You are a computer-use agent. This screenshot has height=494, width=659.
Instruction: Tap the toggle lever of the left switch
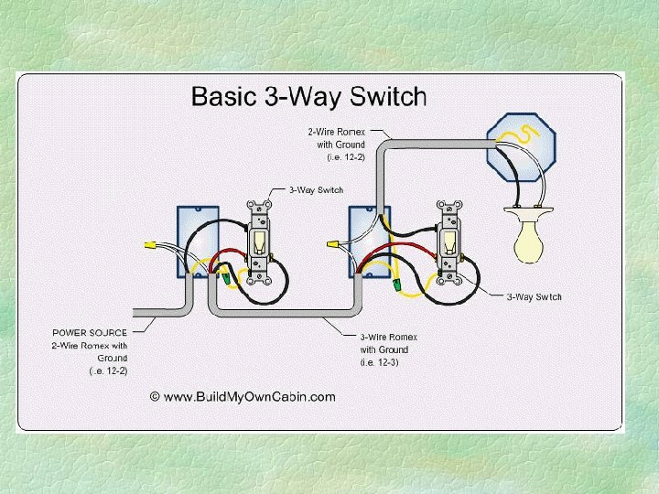(x=261, y=241)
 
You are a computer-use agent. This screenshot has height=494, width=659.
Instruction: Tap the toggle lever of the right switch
(x=450, y=242)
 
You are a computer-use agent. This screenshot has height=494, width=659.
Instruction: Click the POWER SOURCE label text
(x=90, y=333)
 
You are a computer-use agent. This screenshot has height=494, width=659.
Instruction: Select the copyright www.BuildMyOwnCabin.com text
(x=243, y=396)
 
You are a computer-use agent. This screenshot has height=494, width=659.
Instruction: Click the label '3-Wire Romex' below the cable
(x=384, y=338)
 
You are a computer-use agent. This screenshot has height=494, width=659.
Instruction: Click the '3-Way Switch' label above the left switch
(x=316, y=190)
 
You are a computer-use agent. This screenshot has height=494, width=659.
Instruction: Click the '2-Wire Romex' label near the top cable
(x=337, y=132)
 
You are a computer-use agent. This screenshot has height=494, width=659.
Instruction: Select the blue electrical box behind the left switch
(x=194, y=240)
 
